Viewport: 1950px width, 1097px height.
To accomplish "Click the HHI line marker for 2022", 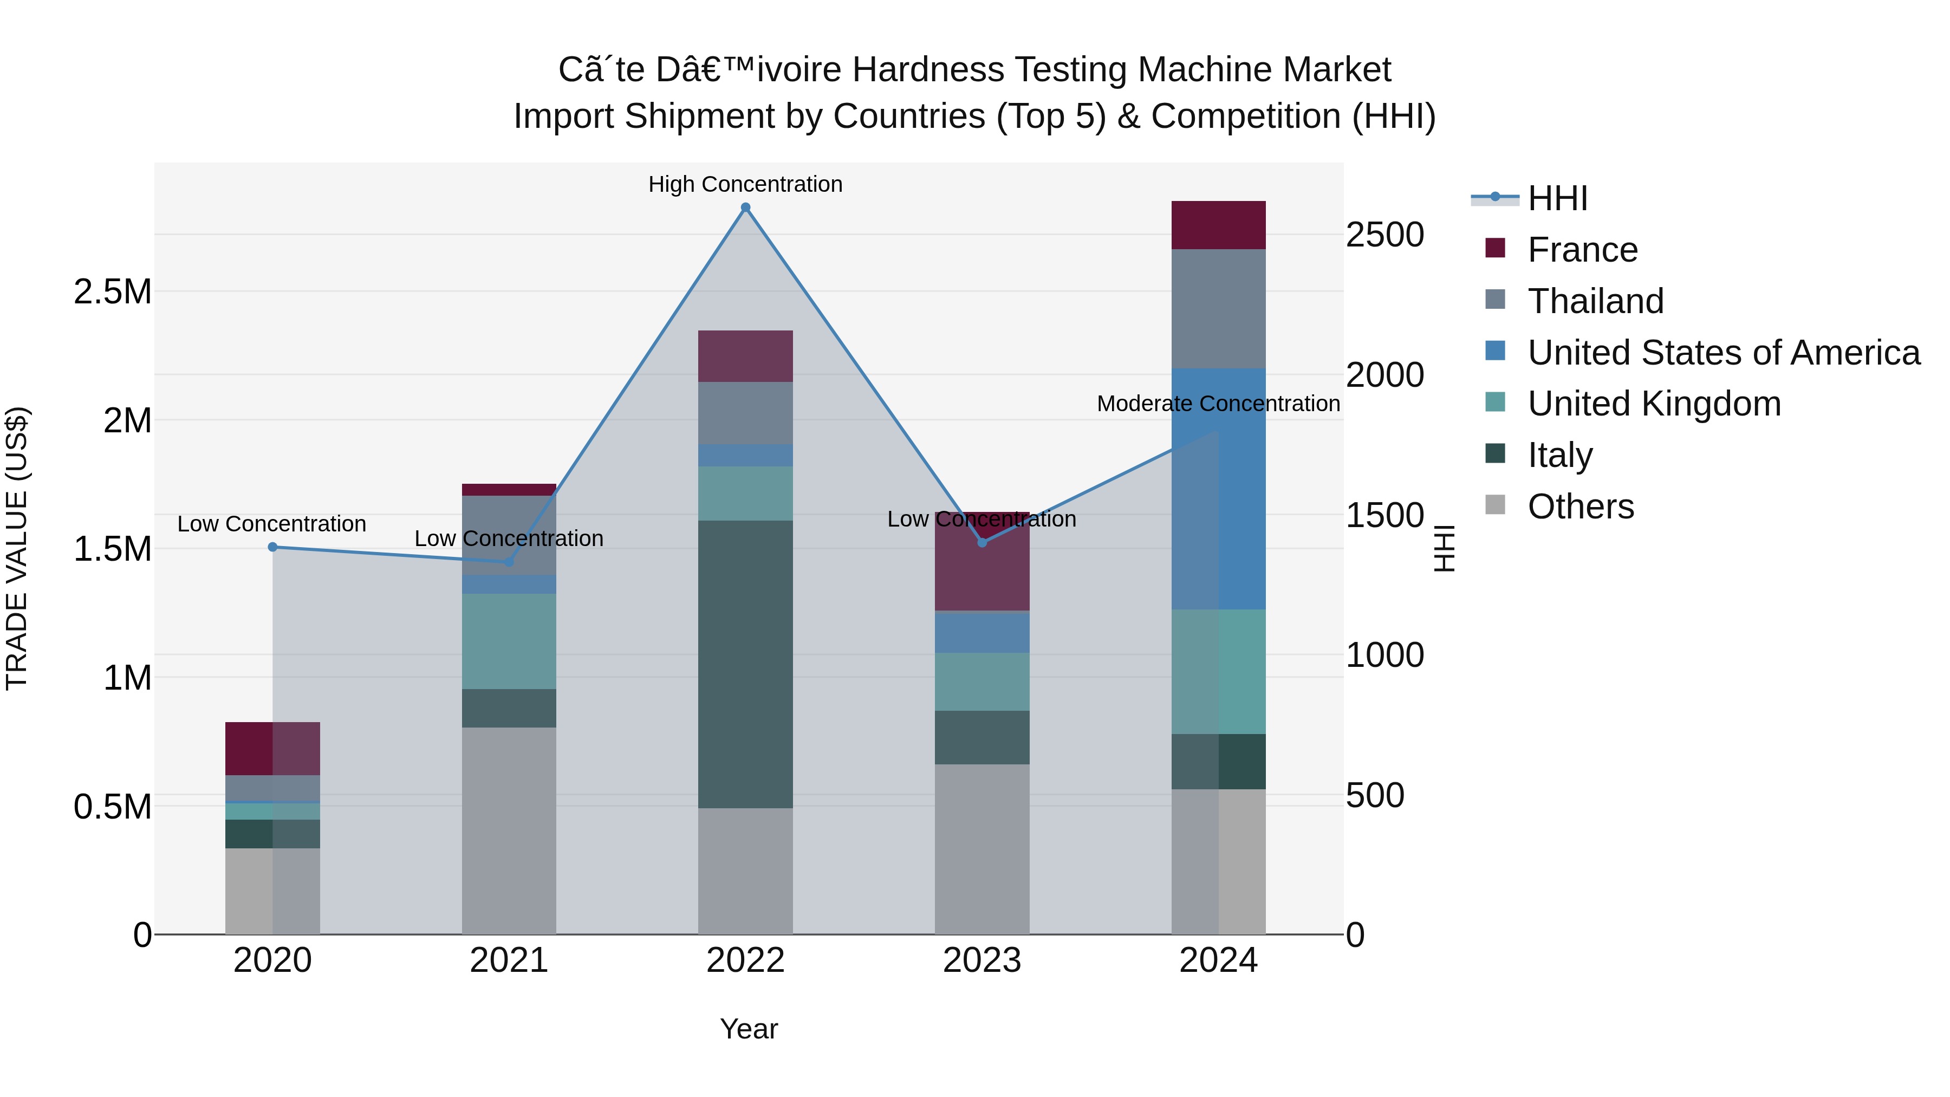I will tap(746, 207).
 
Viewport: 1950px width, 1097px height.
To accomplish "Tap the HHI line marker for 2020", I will tap(272, 547).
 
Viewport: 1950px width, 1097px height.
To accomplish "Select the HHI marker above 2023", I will tap(982, 542).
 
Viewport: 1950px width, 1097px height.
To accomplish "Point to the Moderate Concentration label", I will tap(1218, 404).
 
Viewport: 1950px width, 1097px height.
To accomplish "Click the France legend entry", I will tap(1582, 250).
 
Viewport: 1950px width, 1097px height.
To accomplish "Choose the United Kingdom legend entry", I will tap(1654, 404).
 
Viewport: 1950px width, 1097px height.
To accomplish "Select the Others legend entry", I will tap(1581, 507).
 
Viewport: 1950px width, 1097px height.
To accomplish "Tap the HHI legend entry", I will tap(1557, 198).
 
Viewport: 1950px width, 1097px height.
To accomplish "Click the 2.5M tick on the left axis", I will tap(113, 291).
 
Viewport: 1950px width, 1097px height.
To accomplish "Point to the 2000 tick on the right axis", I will tap(1384, 375).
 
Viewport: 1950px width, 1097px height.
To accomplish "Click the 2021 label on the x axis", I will tap(509, 960).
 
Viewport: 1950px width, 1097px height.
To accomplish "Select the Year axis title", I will tap(749, 1029).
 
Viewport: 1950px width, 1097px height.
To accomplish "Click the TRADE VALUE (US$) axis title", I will tap(17, 548).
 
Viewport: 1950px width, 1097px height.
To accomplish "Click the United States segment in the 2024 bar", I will tap(1218, 488).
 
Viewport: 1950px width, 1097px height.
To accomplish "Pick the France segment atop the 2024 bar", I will tap(1218, 225).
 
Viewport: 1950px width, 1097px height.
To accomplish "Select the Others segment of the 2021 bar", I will tap(509, 830).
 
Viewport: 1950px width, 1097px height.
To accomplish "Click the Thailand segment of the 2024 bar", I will tap(1218, 308).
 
